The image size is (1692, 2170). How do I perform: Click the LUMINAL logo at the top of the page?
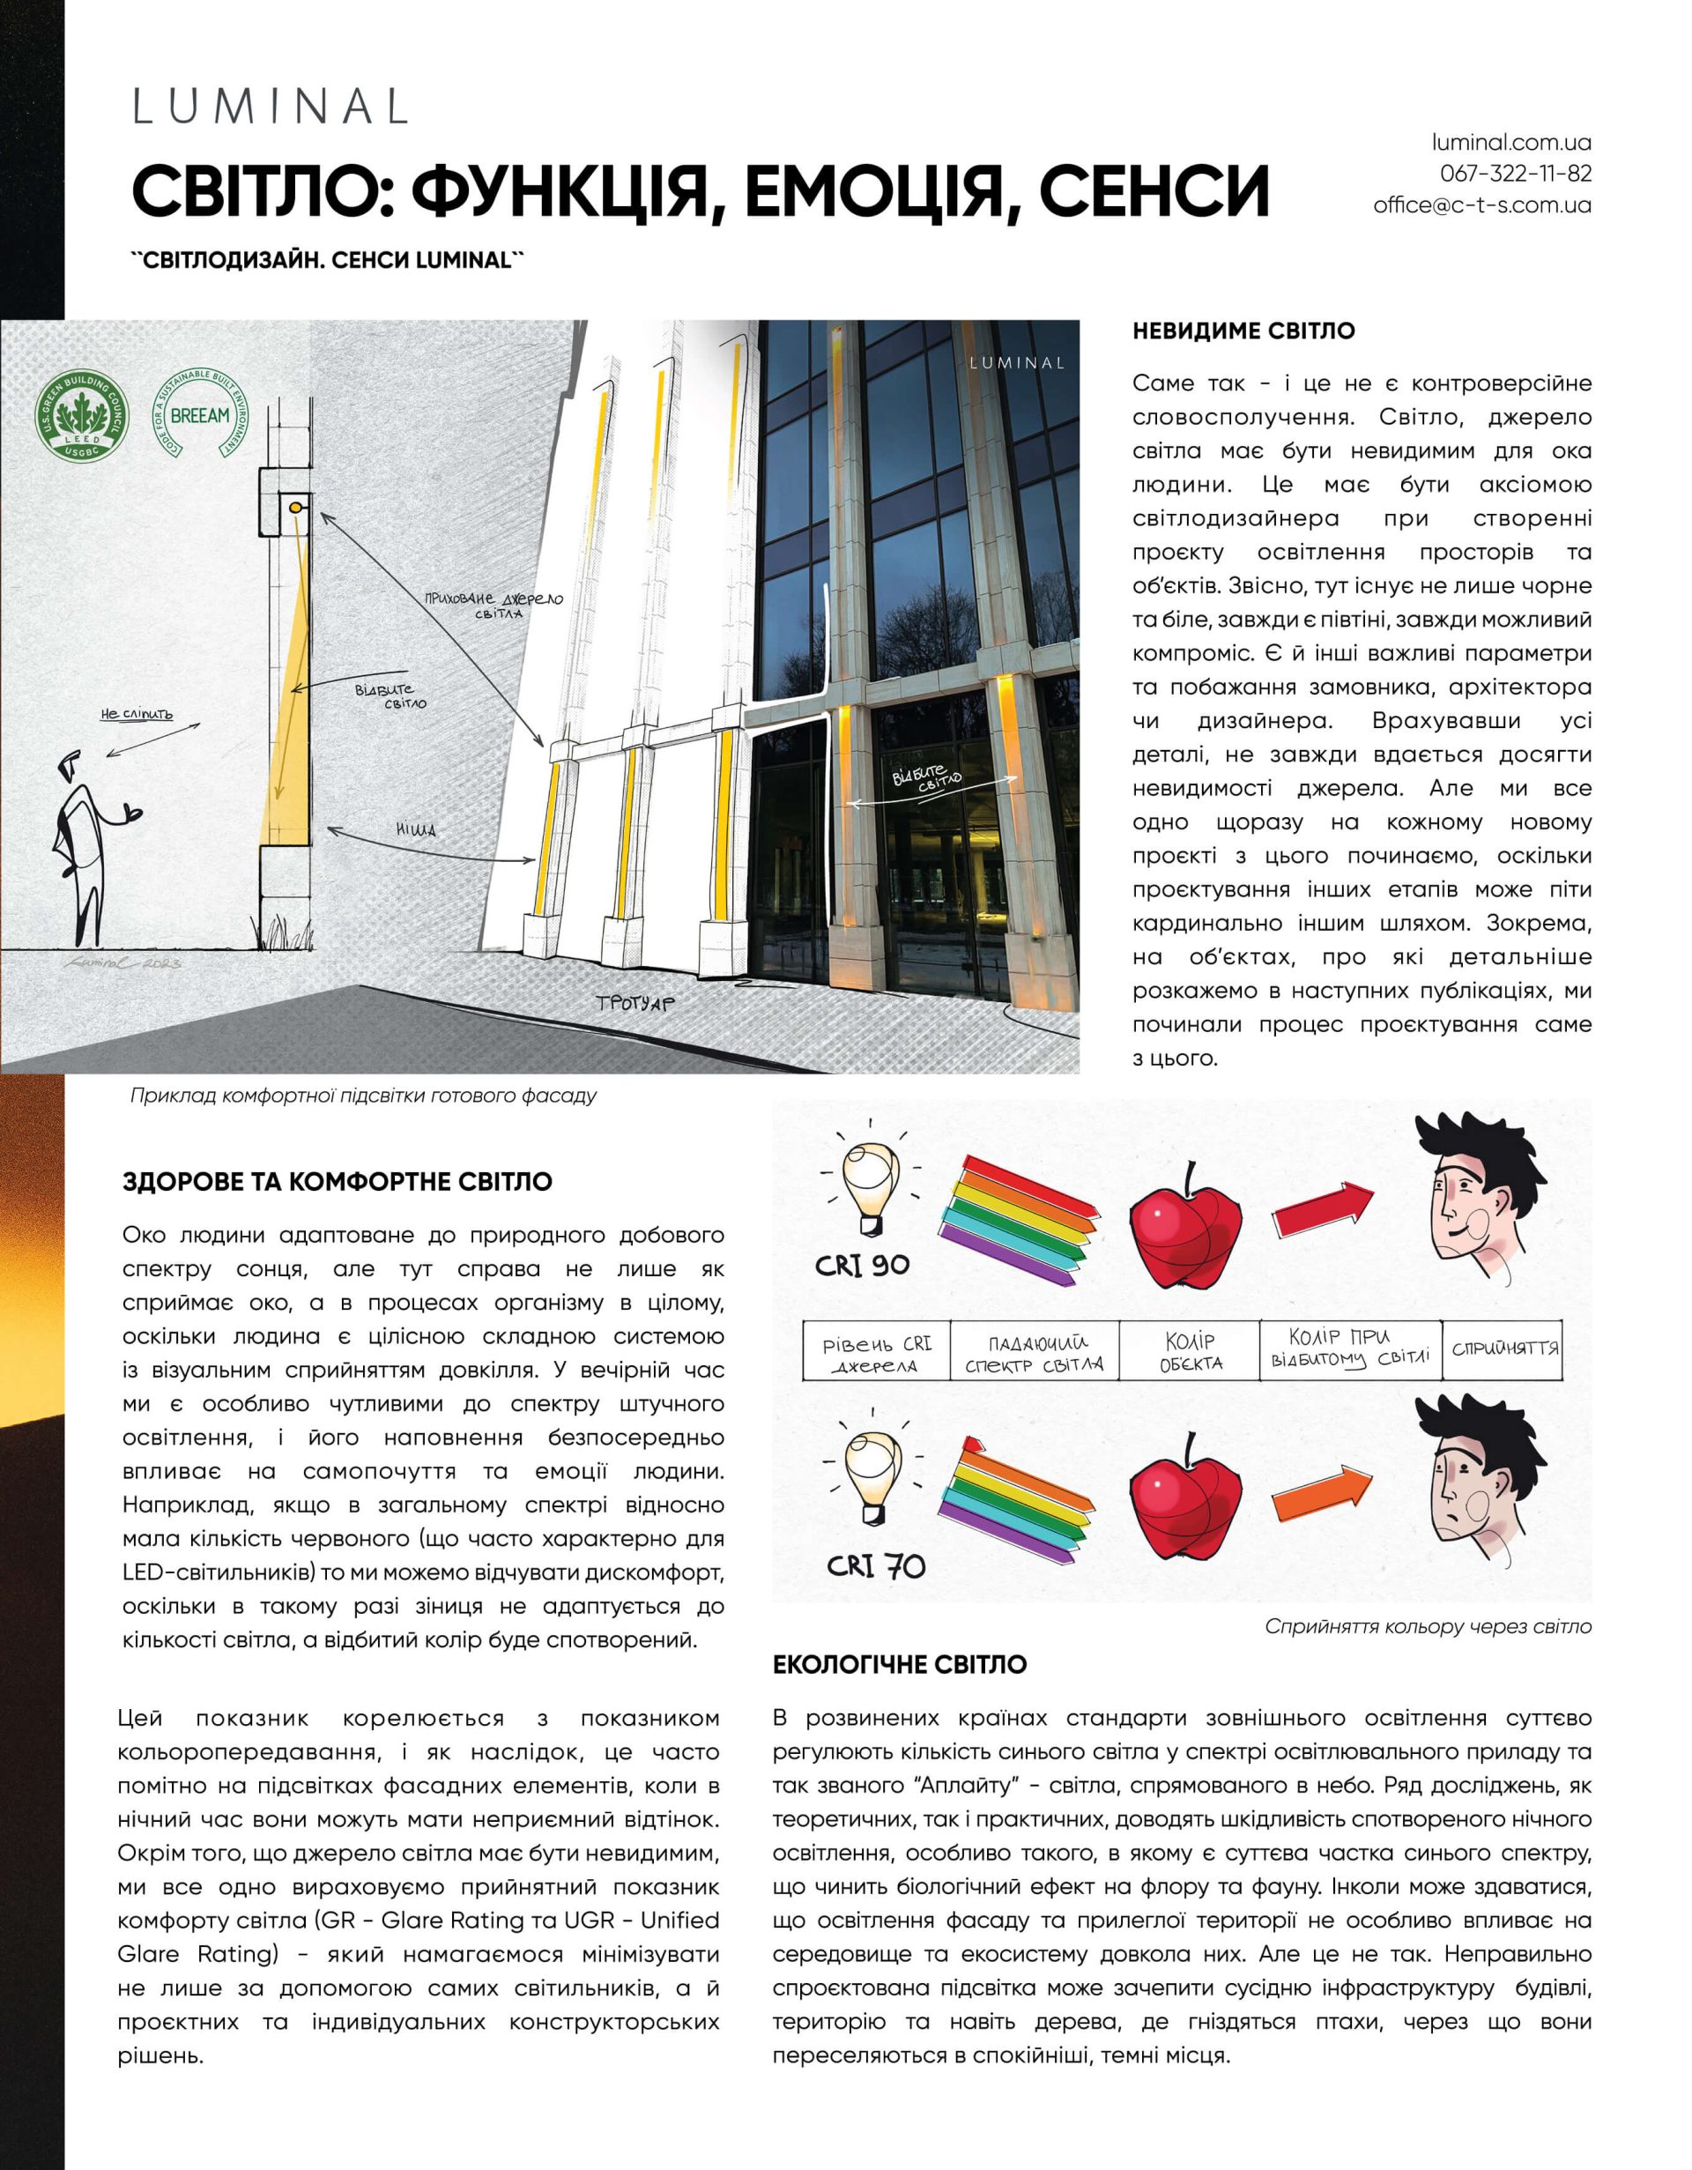271,108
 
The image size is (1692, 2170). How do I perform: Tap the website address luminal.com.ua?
1511,143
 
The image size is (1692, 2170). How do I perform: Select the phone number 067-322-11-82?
1515,174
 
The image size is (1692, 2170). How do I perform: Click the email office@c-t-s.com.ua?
1481,205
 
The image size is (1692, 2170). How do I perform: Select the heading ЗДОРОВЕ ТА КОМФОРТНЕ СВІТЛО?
338,1182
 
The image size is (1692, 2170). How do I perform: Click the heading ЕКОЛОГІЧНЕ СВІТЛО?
900,1664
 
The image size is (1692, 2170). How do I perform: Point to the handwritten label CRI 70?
875,1567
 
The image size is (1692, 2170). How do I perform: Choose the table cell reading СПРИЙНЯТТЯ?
1504,1349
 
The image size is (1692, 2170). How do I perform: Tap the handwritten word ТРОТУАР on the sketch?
634,1002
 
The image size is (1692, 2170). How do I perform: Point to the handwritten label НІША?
416,829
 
